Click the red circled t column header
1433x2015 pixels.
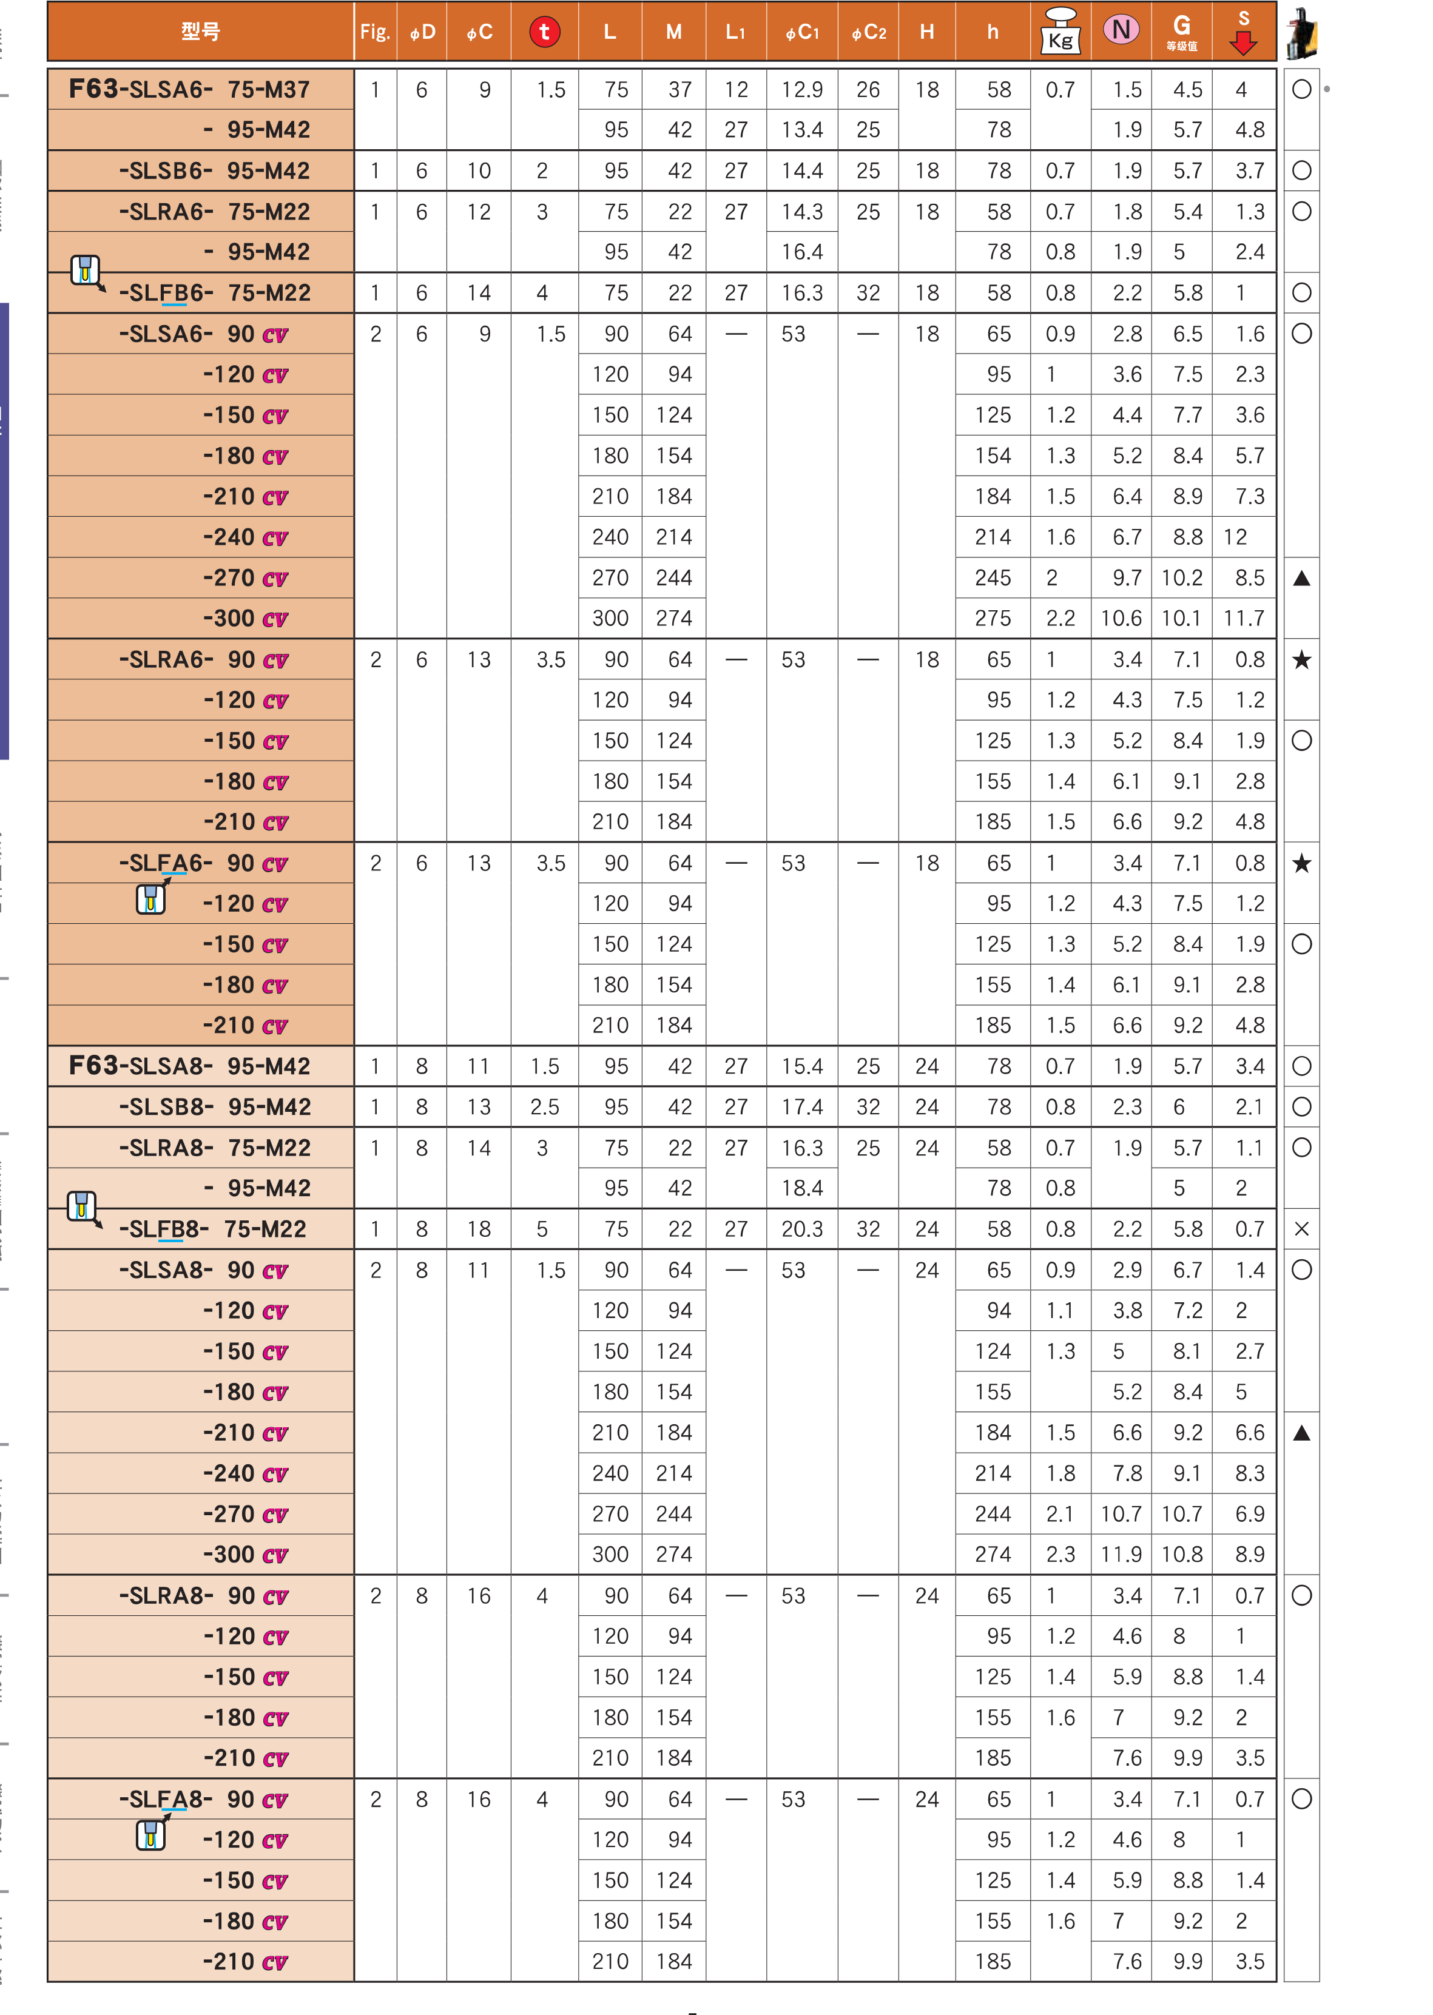tap(544, 32)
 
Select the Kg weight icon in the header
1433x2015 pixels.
tap(1060, 32)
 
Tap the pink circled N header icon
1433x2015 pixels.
tap(1121, 30)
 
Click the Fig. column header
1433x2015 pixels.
tap(375, 32)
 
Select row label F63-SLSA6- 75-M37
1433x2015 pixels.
tap(190, 89)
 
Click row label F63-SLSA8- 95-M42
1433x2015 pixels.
tap(190, 1066)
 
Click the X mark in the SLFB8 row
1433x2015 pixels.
tap(1301, 1229)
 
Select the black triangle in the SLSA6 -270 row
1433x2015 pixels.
tap(1301, 579)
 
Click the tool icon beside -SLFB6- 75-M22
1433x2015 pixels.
tap(86, 270)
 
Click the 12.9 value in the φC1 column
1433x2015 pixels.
tap(801, 89)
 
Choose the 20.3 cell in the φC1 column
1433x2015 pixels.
tap(801, 1229)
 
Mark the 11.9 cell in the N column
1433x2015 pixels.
tap(1121, 1555)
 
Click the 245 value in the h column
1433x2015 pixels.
tap(993, 578)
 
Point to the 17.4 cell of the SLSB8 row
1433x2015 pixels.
tap(801, 1106)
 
